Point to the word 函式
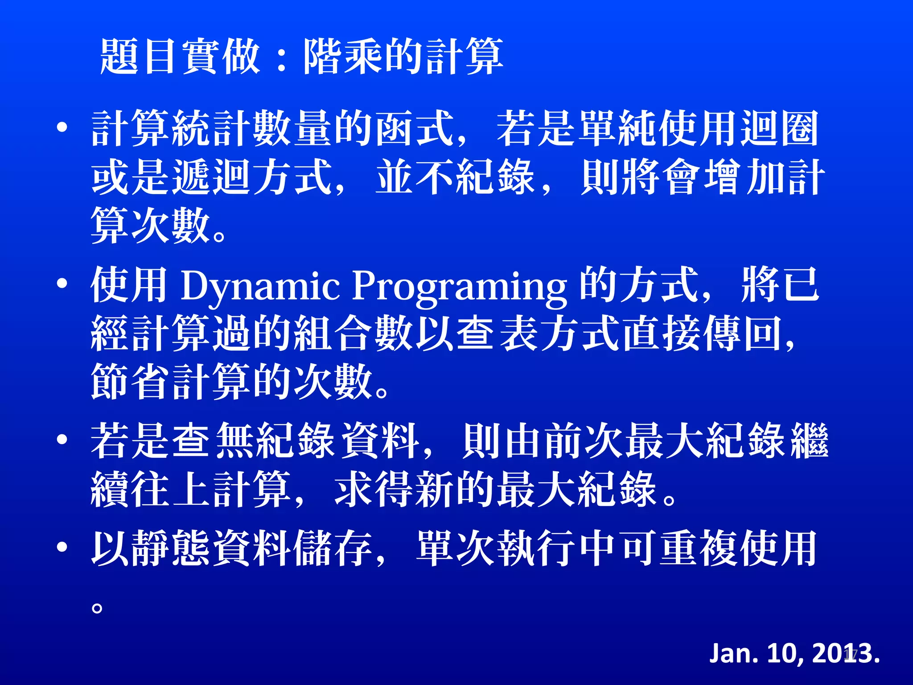click(x=415, y=129)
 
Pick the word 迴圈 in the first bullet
click(x=780, y=129)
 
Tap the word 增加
click(x=745, y=177)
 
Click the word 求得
click(x=374, y=489)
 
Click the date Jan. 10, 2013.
click(x=794, y=653)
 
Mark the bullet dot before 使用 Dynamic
click(x=62, y=284)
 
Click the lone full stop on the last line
click(x=97, y=607)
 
